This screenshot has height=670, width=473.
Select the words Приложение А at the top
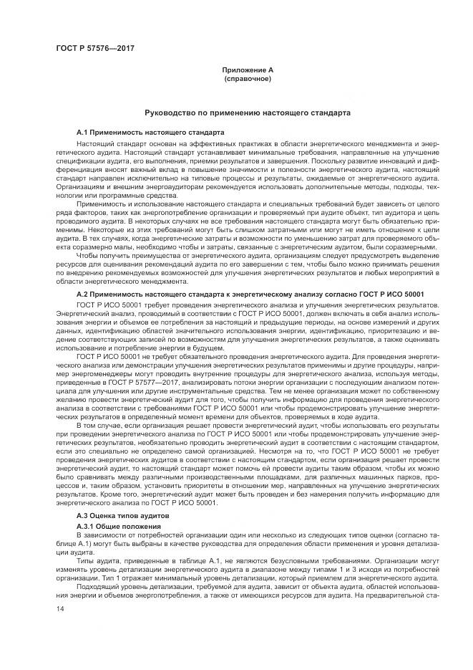coord(247,70)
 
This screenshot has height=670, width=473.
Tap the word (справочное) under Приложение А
coord(247,78)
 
